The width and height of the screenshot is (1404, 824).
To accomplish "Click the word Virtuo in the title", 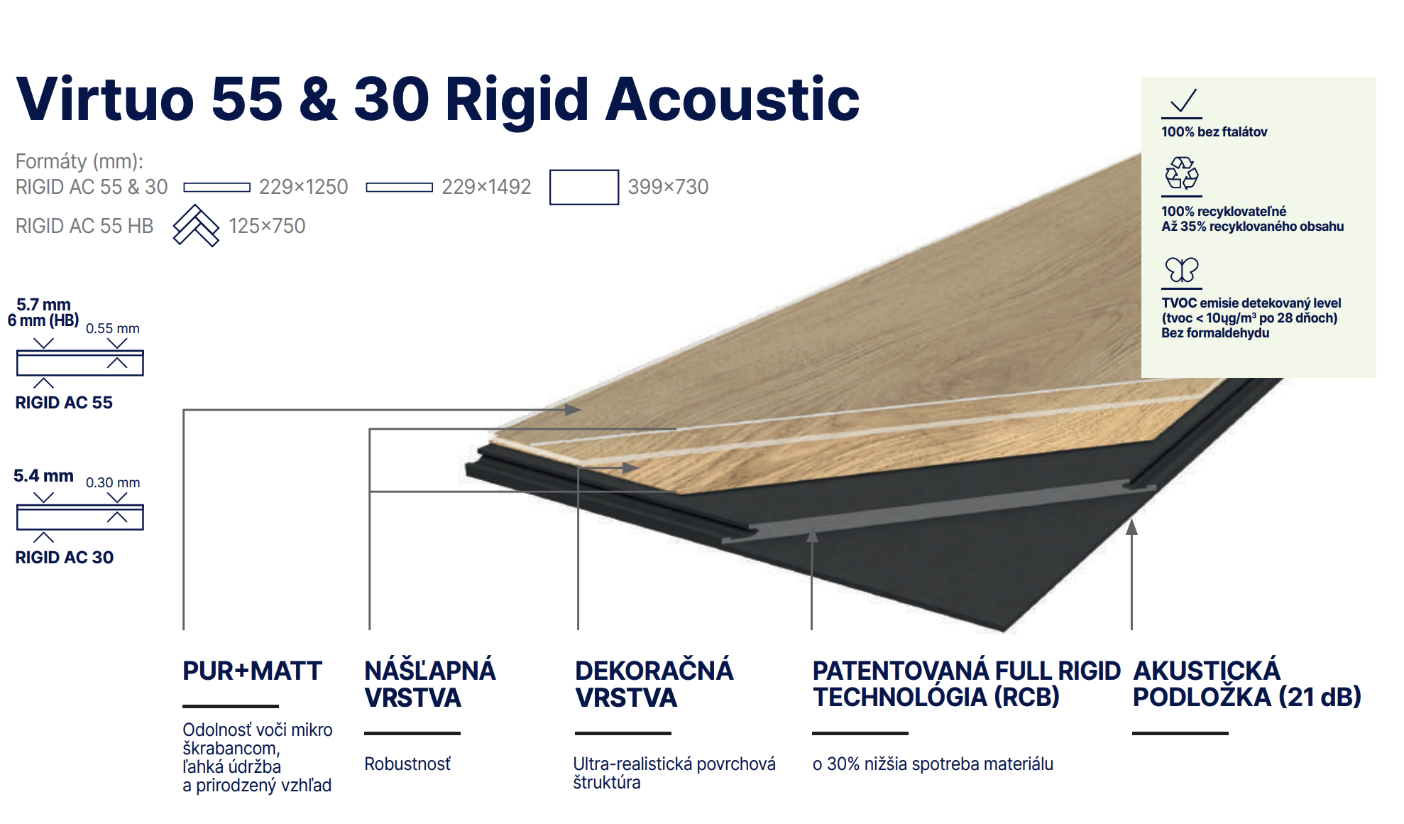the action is coord(105,99).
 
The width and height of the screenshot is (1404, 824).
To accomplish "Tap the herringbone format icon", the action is coord(196,226).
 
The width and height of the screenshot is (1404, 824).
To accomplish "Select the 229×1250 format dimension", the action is coord(303,187).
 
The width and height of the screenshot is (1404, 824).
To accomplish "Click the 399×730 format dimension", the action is coord(668,187).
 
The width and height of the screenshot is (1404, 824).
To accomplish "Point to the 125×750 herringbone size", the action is coord(267,226).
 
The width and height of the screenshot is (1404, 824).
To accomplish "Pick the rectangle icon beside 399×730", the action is coord(583,187).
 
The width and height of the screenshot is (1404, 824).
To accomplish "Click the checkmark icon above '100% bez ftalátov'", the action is coord(1183,102).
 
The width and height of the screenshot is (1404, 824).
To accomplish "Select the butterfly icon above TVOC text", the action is coord(1182,270).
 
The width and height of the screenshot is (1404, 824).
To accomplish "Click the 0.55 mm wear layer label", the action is coord(113,328).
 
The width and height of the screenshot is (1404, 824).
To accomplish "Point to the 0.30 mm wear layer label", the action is coord(113,482).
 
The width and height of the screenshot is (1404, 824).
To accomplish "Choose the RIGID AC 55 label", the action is coord(64,403).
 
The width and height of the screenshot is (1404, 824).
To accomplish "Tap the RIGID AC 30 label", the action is coord(65,558).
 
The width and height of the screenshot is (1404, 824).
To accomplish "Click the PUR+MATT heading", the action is coord(252,671).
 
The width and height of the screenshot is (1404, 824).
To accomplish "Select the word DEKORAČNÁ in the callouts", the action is coord(654,671).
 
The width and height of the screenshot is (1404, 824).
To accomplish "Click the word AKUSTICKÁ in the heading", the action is coord(1207,671).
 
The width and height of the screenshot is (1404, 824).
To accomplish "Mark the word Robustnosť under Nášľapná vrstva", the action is coord(407,764).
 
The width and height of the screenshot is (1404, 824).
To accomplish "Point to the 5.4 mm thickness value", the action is coord(43,476).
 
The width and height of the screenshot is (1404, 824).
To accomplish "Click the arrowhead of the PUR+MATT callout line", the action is coord(574,410).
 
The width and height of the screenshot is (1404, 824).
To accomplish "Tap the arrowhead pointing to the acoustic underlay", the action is coord(1131,526).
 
